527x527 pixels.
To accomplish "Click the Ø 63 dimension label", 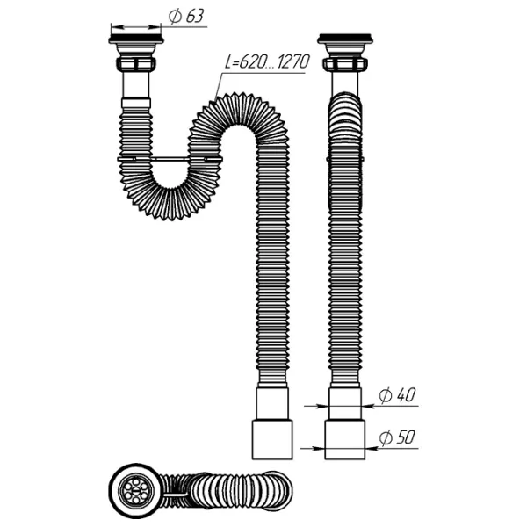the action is pyautogui.click(x=186, y=16).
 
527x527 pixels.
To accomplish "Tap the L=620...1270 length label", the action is pyautogui.click(x=267, y=62).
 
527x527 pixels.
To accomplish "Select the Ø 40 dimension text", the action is pyautogui.click(x=397, y=394).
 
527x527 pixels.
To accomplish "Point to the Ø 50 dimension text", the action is pyautogui.click(x=397, y=437).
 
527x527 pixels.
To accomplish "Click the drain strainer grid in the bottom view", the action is pyautogui.click(x=135, y=491).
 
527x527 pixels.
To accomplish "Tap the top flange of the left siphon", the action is pyautogui.click(x=136, y=39).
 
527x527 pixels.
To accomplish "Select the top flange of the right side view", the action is pyautogui.click(x=345, y=39).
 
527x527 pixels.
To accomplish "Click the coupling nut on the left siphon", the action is pyautogui.click(x=136, y=64).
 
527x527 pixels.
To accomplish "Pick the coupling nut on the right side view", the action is pyautogui.click(x=345, y=64).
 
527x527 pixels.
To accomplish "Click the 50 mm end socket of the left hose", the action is pyautogui.click(x=272, y=439).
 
